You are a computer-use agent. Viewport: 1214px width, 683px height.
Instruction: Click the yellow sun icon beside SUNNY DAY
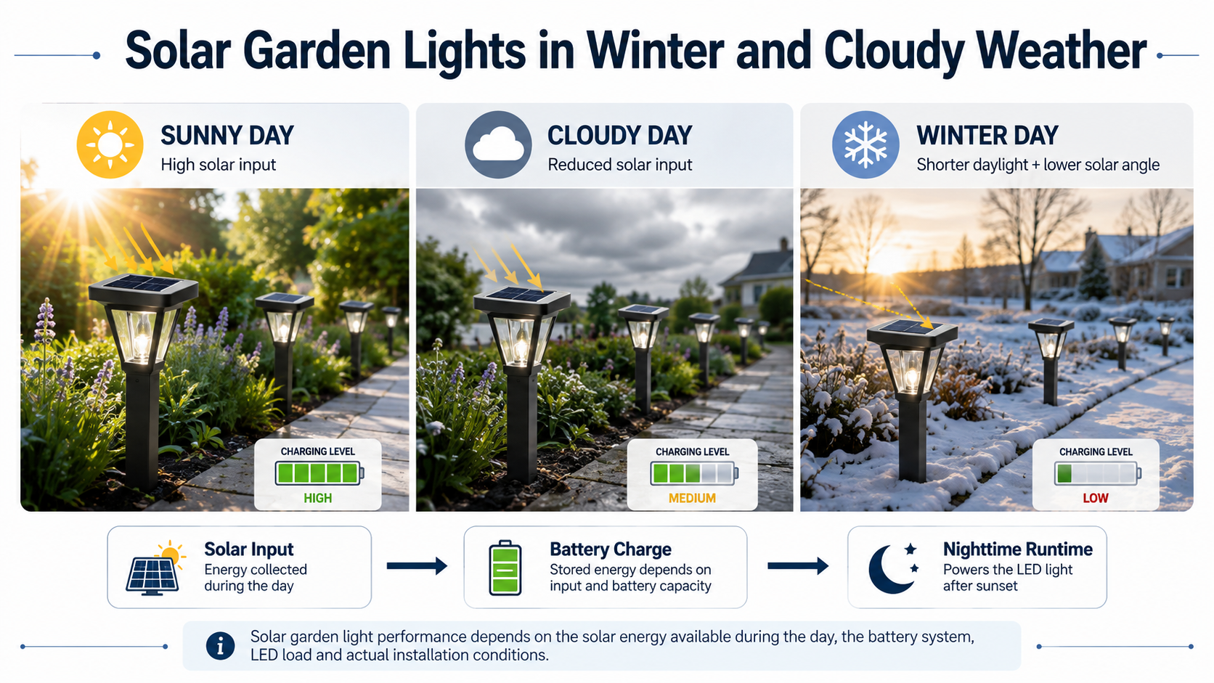point(110,144)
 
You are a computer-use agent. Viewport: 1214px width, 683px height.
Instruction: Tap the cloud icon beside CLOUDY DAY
point(498,144)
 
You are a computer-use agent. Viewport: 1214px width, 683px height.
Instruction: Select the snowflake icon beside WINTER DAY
point(865,144)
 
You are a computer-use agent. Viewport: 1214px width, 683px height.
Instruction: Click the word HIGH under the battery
point(317,499)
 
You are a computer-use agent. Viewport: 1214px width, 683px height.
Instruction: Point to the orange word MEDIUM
point(692,499)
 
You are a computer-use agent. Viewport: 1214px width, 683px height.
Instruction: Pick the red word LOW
point(1096,499)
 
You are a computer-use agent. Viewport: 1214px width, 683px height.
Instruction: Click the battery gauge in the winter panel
point(1098,473)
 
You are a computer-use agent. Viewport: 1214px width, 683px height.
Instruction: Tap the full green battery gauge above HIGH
point(319,473)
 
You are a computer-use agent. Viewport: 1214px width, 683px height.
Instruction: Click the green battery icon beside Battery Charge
point(505,568)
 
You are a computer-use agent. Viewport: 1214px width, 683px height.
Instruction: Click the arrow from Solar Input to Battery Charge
point(417,566)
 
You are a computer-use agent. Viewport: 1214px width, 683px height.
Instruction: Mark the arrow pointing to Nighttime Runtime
point(798,566)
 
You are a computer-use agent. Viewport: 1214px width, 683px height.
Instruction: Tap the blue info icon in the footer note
point(220,646)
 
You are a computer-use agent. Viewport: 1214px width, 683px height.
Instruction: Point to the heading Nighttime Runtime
point(1018,549)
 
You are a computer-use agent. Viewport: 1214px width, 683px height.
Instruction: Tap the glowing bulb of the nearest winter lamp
point(911,374)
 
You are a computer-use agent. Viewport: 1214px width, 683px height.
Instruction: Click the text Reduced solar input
point(619,165)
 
